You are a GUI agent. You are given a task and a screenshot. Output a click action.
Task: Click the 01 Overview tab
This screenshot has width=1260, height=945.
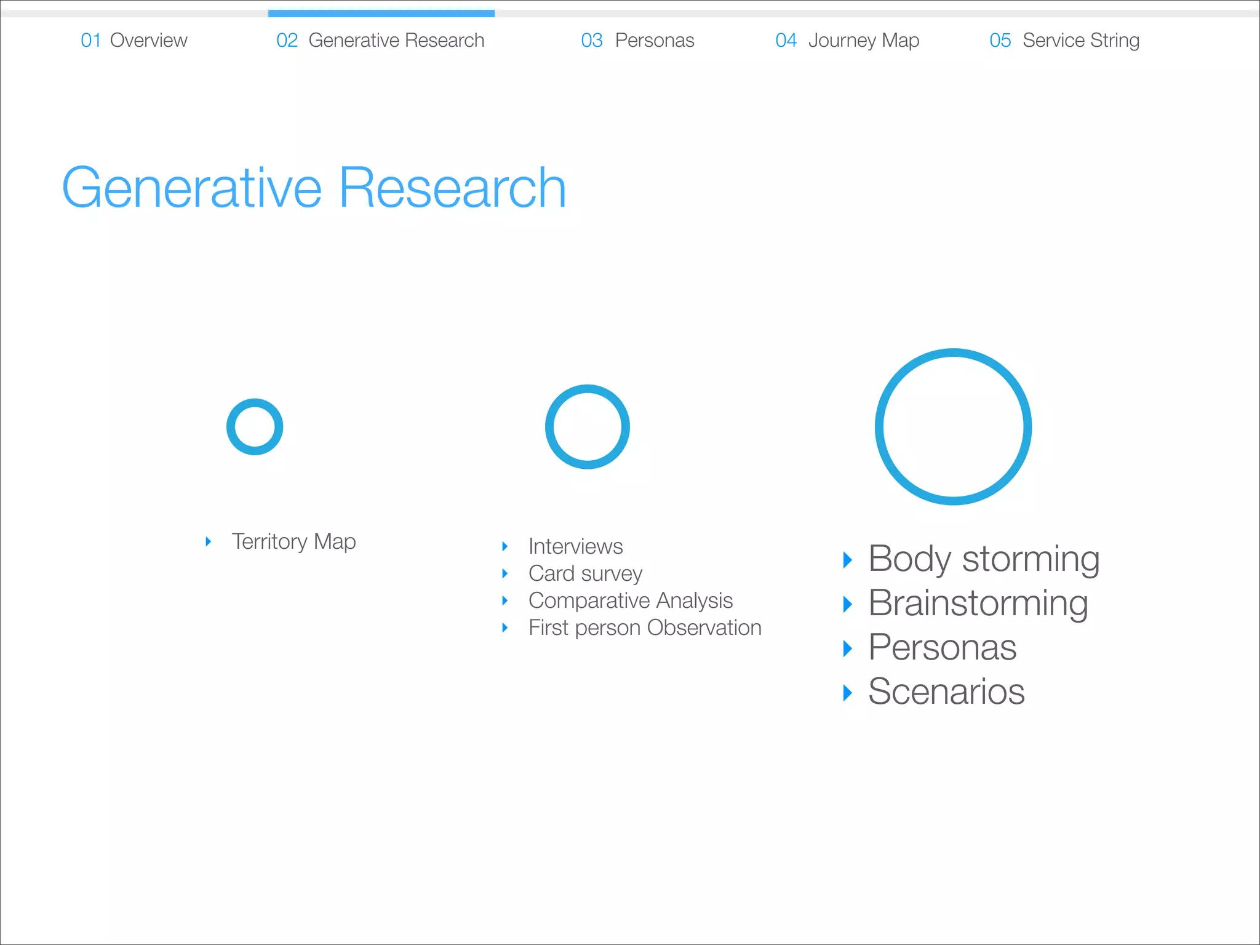pos(134,41)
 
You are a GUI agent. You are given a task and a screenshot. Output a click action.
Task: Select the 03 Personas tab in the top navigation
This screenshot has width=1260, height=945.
pos(637,41)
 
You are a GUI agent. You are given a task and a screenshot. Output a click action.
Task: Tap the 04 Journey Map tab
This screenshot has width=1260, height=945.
pos(847,41)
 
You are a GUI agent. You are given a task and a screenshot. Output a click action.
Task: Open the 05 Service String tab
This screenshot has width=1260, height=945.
pos(1064,41)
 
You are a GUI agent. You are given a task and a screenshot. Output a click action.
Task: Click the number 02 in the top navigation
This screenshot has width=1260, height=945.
pos(287,41)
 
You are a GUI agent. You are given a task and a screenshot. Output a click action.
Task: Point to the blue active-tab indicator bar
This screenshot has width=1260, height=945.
pos(381,13)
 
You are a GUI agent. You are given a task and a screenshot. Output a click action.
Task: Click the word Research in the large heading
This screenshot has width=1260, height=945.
pos(452,188)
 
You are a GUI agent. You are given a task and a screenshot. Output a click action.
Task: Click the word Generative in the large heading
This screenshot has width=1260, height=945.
pos(192,188)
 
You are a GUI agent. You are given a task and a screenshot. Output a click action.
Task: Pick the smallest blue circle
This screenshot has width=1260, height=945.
pos(255,427)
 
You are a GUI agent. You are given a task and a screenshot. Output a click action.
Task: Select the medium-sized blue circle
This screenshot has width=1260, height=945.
pos(588,427)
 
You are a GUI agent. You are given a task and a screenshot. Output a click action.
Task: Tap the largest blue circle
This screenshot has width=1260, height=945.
pos(953,427)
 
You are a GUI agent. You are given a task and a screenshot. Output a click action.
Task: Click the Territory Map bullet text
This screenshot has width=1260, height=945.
pos(293,541)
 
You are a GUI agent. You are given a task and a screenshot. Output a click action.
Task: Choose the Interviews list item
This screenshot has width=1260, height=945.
pos(575,546)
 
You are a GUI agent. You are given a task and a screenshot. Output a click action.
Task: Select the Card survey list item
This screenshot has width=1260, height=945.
pos(585,573)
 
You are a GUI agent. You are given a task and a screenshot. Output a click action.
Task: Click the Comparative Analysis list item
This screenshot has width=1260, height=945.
pos(631,600)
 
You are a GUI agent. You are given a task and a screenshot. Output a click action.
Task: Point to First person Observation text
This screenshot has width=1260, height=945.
pos(645,628)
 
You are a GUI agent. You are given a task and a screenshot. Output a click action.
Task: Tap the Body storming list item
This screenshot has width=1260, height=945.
pos(984,559)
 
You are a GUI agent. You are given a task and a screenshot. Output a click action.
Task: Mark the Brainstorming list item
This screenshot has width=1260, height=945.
pos(978,604)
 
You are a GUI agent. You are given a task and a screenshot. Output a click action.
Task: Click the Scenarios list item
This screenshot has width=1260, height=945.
pos(946,692)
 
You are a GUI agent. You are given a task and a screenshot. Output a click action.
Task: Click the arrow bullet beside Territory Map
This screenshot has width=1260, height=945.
pos(209,541)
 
